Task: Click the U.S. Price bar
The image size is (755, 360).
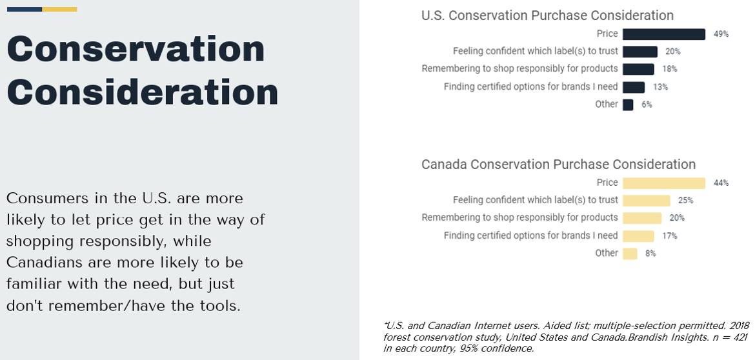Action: click(x=663, y=34)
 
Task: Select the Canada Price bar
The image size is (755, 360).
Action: click(x=663, y=183)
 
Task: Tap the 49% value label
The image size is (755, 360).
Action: click(x=721, y=34)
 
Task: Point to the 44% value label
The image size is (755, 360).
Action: click(x=721, y=183)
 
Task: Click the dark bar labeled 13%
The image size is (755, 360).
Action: click(x=633, y=87)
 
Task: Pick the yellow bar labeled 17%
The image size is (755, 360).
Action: click(x=638, y=236)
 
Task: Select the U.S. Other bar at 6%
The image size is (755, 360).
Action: click(x=627, y=105)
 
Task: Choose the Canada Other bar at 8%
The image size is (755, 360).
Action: click(x=630, y=254)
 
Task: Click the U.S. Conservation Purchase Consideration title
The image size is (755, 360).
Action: click(x=547, y=15)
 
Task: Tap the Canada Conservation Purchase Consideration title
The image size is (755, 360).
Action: click(x=558, y=165)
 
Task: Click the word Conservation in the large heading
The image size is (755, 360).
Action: click(x=136, y=49)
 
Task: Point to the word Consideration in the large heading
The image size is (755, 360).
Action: click(x=143, y=92)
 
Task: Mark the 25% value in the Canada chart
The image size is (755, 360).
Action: click(x=686, y=201)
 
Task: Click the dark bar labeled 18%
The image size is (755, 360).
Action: click(x=638, y=69)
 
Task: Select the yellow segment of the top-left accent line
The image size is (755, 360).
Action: click(x=59, y=10)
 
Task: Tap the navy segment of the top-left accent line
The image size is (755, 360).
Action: click(x=24, y=10)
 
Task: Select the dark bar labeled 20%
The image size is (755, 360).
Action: click(x=639, y=52)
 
